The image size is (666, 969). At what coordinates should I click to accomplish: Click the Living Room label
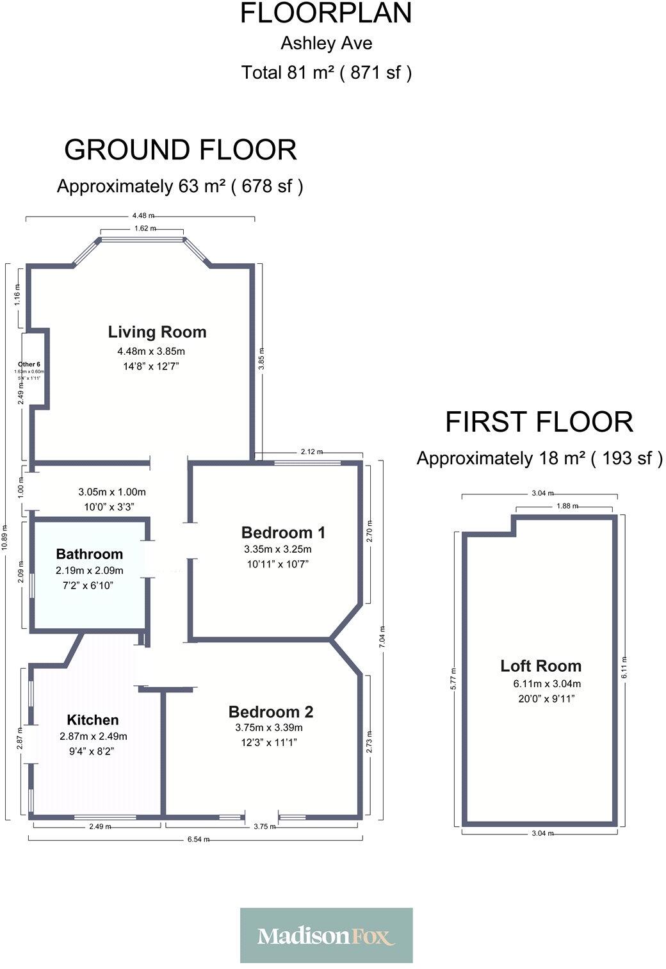tap(157, 332)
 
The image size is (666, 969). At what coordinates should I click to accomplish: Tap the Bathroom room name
tap(89, 554)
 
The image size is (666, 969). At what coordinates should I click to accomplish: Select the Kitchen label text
tap(93, 720)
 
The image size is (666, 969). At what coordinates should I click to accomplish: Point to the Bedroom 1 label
tap(283, 532)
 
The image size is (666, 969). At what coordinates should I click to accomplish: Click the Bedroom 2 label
tap(270, 712)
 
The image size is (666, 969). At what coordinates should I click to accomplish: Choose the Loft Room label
tap(540, 666)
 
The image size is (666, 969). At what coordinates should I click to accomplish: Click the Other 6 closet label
tap(29, 364)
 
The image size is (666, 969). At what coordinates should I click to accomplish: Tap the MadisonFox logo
tap(326, 936)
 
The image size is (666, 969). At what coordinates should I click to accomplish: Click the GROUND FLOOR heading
tap(180, 150)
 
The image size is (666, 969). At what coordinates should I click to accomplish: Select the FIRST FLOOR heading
tap(539, 422)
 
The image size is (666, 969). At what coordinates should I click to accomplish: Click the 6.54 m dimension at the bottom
tap(197, 840)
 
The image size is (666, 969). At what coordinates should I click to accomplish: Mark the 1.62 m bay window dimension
tap(145, 228)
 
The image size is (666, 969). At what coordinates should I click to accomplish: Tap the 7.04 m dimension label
tap(383, 638)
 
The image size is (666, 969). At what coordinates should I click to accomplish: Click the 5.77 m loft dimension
tap(455, 677)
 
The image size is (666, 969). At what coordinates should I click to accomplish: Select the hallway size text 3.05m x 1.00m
tap(112, 493)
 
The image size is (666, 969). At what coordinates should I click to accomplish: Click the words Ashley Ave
tap(326, 44)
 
